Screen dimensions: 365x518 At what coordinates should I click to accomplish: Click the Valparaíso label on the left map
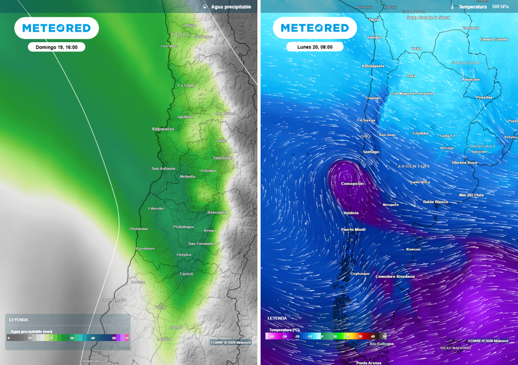(163, 129)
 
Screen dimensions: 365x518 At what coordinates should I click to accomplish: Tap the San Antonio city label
(163, 168)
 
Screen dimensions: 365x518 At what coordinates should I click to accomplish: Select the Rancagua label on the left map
(217, 212)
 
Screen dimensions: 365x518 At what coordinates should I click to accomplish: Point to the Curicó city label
(187, 274)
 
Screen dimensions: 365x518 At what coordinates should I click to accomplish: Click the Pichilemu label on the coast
(139, 229)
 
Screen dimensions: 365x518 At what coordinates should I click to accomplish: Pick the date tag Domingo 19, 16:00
(56, 47)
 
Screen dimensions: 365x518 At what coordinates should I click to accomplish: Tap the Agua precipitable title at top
(231, 7)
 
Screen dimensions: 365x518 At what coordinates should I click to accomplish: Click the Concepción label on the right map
(353, 184)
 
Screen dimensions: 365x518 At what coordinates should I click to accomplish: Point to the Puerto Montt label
(354, 229)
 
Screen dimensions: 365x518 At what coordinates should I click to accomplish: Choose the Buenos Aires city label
(464, 163)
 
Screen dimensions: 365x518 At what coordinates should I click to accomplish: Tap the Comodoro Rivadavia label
(395, 276)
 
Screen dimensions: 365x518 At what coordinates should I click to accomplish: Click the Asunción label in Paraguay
(470, 80)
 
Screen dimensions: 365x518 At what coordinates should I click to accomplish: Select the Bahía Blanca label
(435, 202)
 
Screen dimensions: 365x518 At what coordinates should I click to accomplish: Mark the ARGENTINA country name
(414, 166)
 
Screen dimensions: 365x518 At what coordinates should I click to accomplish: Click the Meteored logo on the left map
(56, 28)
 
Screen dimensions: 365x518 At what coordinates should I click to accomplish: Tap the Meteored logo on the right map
(315, 28)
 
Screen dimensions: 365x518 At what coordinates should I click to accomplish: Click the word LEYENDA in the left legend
(19, 320)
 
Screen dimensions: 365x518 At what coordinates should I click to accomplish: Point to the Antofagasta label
(373, 66)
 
